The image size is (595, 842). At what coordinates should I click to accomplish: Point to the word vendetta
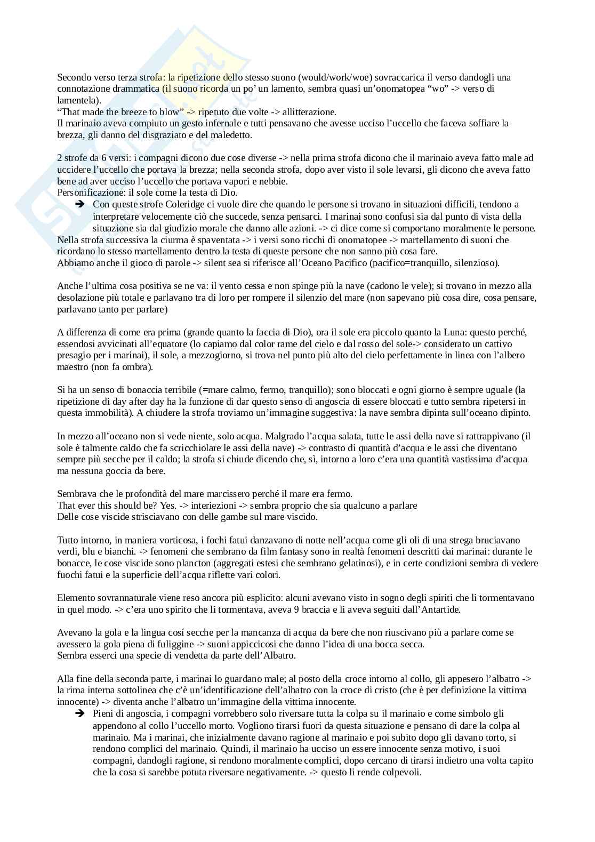coord(170,655)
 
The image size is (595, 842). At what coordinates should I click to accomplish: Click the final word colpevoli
coord(403,772)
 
